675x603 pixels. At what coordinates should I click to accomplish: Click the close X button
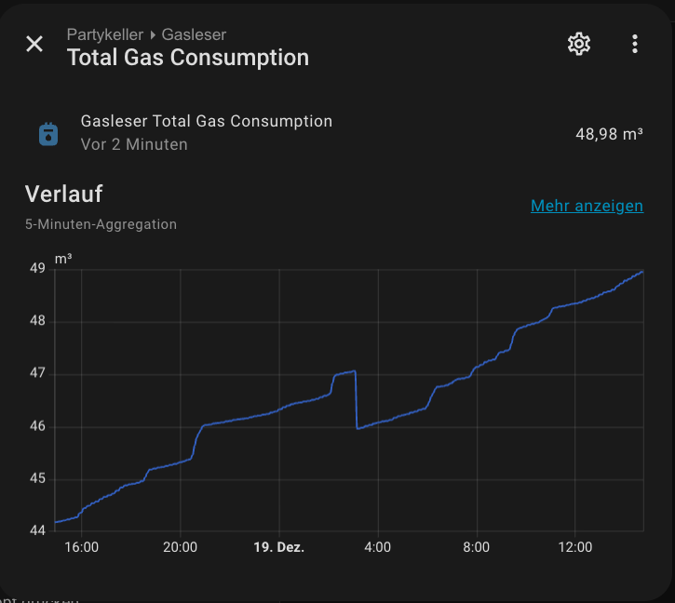(x=34, y=44)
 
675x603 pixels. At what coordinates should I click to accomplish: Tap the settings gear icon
(x=579, y=44)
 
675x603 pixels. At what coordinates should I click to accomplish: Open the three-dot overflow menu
(x=635, y=44)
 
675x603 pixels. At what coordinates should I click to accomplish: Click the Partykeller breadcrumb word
(x=104, y=34)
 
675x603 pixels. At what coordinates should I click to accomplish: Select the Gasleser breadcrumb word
(x=194, y=34)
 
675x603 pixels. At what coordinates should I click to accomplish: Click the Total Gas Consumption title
(x=187, y=58)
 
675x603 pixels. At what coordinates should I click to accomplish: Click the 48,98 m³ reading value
(x=609, y=134)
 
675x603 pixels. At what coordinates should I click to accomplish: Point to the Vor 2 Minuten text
(x=134, y=144)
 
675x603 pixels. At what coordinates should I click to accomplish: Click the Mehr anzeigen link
(x=587, y=206)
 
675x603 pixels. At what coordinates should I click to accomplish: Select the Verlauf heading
(x=63, y=194)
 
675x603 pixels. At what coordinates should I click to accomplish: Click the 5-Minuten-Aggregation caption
(x=101, y=224)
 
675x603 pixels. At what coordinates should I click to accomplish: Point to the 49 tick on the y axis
(x=37, y=269)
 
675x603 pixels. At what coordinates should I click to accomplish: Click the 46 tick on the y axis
(x=37, y=427)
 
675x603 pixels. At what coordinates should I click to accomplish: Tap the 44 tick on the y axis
(x=37, y=531)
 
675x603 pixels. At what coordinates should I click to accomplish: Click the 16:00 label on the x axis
(x=82, y=547)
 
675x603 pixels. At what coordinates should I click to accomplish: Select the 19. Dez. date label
(x=278, y=547)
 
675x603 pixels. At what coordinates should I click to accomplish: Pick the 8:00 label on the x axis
(x=476, y=547)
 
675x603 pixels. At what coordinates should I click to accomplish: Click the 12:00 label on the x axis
(x=574, y=547)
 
